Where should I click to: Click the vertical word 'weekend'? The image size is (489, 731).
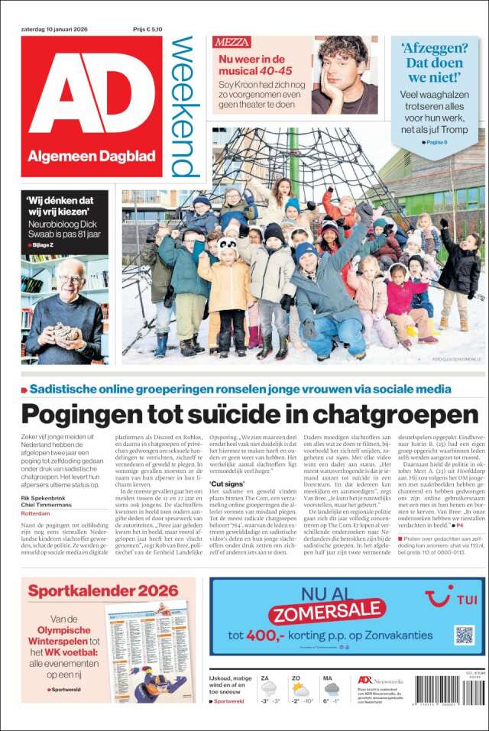(x=183, y=107)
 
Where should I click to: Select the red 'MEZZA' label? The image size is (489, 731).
(x=232, y=42)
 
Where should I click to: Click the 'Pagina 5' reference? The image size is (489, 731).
(x=438, y=142)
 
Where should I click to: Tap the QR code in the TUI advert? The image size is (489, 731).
(x=464, y=634)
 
